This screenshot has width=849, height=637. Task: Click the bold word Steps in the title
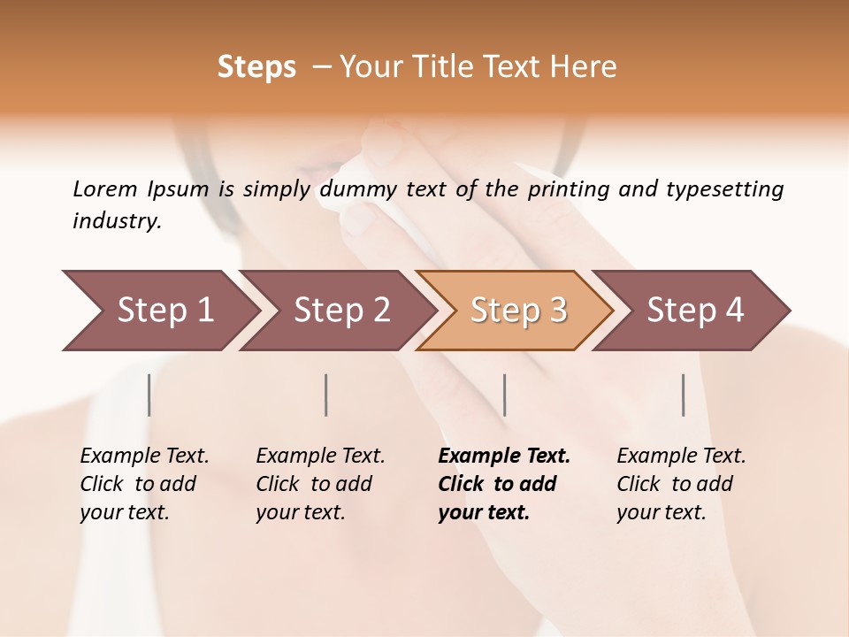click(x=256, y=67)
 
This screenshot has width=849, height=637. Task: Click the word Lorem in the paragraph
click(x=105, y=189)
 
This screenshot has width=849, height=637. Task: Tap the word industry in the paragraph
click(x=116, y=221)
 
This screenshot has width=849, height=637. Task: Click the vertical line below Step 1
click(x=149, y=395)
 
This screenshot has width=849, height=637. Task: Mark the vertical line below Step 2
click(x=326, y=395)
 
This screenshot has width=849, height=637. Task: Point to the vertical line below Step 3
click(x=504, y=395)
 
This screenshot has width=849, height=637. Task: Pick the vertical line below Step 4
click(x=683, y=395)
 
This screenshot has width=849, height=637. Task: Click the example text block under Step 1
click(x=144, y=484)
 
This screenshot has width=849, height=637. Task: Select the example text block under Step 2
click(x=320, y=484)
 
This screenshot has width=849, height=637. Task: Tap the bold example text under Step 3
click(x=504, y=484)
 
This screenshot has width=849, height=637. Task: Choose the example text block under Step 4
click(x=681, y=484)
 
